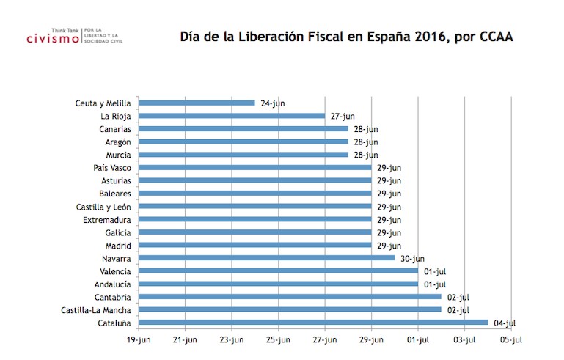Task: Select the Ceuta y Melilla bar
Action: (x=197, y=103)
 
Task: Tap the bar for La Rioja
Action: (x=231, y=116)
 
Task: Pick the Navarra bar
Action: (x=266, y=258)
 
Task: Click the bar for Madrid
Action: (x=254, y=246)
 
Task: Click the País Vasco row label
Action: (x=112, y=168)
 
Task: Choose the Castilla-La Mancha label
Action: (x=96, y=310)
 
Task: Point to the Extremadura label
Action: (x=107, y=219)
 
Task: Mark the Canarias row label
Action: (x=114, y=129)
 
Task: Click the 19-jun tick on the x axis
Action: (x=139, y=339)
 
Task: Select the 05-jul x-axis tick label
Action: (x=511, y=339)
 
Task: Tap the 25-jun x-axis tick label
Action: (x=278, y=339)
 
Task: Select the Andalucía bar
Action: (x=278, y=284)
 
